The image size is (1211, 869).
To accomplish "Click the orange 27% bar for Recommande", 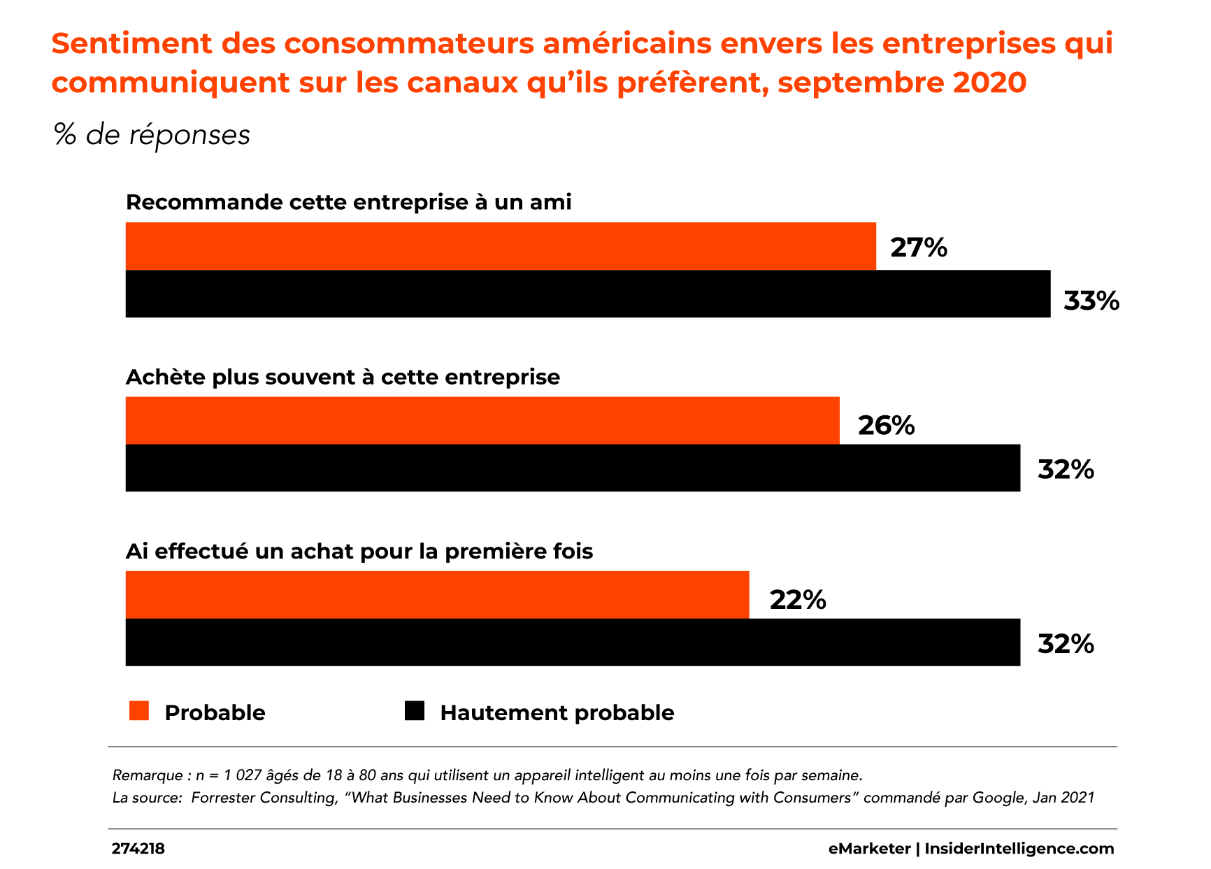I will click(501, 246).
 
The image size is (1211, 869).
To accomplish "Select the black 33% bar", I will click(587, 294).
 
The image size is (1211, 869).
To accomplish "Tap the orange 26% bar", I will click(482, 420).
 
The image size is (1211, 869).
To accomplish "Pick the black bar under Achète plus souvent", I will click(573, 468).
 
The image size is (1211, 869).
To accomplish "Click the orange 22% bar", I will click(437, 594).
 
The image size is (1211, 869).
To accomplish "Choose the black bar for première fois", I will click(573, 642).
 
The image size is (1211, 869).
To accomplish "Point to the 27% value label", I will click(918, 247).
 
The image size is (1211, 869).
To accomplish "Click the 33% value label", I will click(1091, 301).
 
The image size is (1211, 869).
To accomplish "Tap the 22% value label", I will click(798, 600).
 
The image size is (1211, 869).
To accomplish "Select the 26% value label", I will click(886, 426).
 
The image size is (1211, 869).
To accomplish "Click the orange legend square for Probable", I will click(139, 710).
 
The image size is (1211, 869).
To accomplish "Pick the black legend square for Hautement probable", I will click(415, 710).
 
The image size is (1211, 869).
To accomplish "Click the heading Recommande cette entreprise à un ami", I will click(348, 202).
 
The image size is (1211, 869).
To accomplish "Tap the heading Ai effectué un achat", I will click(359, 552).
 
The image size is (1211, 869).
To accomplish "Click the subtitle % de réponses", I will click(152, 135).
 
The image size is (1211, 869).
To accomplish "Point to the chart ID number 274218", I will click(138, 849).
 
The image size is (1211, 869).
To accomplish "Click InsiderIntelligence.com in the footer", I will click(1019, 849).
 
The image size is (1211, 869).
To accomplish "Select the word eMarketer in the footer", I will click(869, 849).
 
